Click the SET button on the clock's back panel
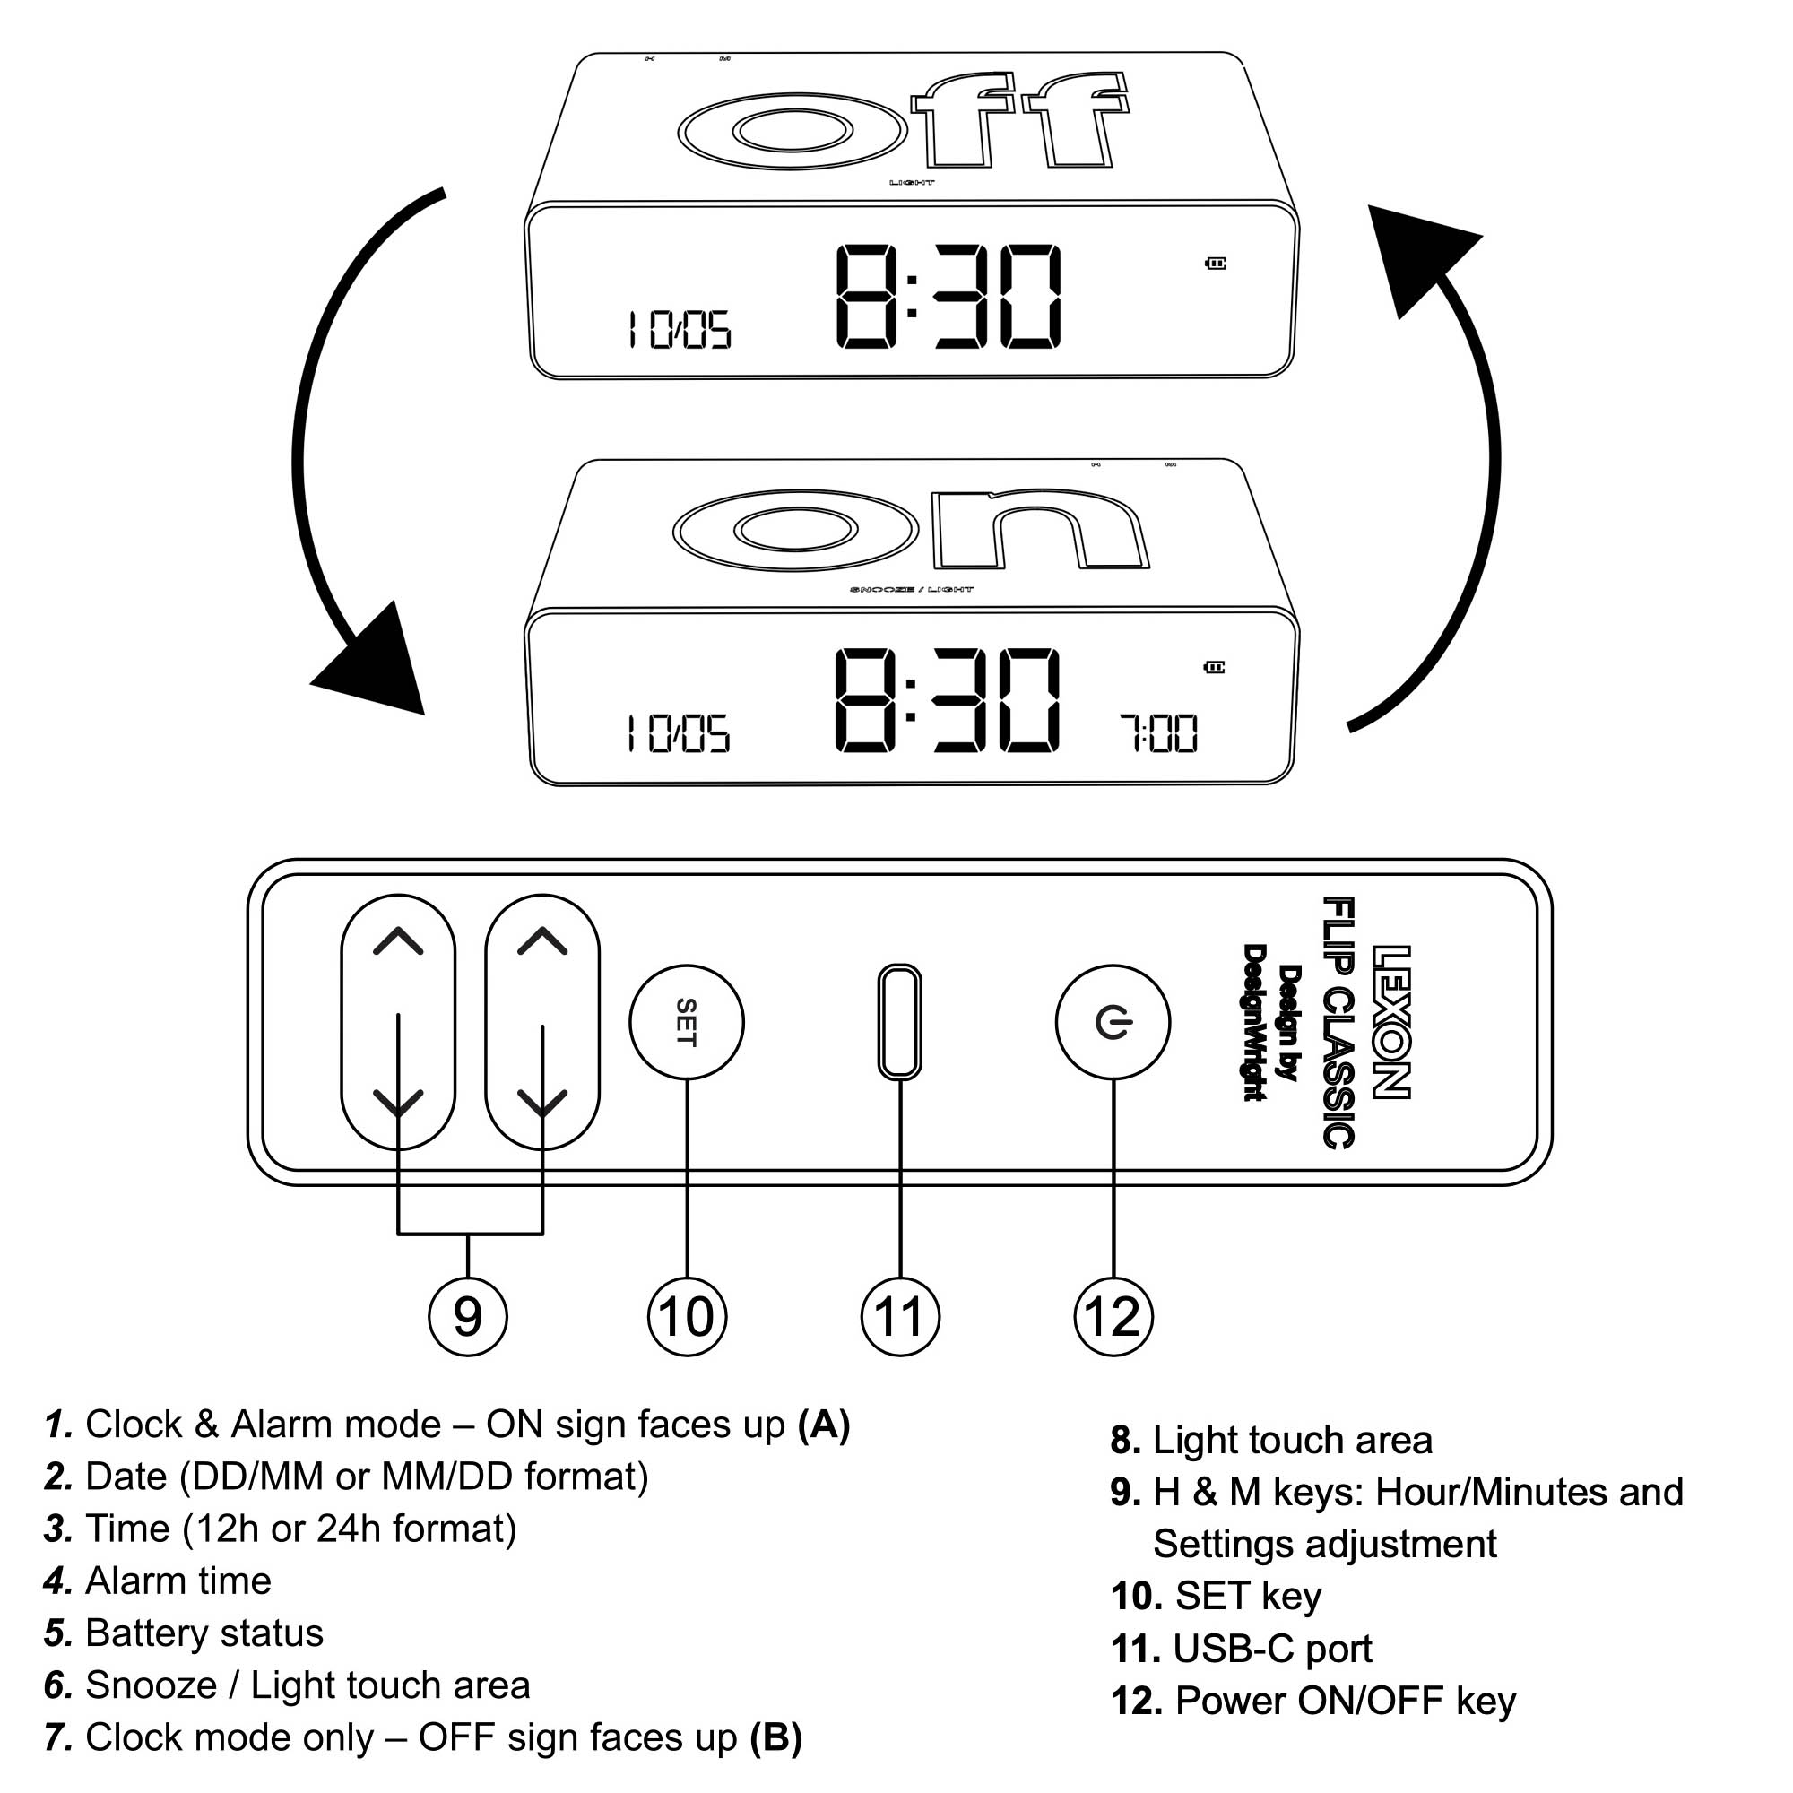tap(686, 1022)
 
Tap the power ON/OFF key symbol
tap(1112, 1022)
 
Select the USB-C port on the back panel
tap(898, 1022)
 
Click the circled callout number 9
tap(467, 1316)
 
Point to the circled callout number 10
tap(686, 1316)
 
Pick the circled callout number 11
tap(899, 1316)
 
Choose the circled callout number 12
tap(1112, 1316)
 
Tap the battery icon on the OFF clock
tap(1215, 264)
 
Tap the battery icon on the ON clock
tap(1214, 666)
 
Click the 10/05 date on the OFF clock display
tap(680, 329)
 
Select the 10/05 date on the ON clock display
tap(679, 733)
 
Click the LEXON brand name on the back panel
tap(1390, 1022)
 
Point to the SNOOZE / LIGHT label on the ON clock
tap(912, 589)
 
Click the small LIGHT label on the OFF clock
tap(912, 183)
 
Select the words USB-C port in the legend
tap(1271, 1649)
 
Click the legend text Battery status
tap(204, 1633)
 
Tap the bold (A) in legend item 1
tap(823, 1424)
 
